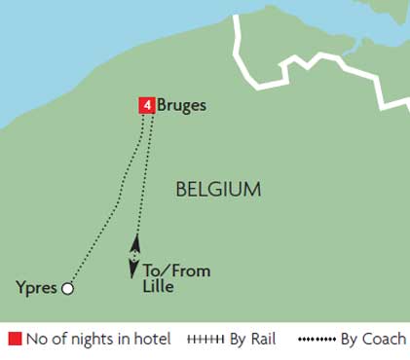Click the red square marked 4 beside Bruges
point(146,105)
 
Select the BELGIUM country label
point(217,189)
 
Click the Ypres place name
point(37,288)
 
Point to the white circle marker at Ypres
point(67,288)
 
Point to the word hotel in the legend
point(152,341)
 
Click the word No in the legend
point(37,341)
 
